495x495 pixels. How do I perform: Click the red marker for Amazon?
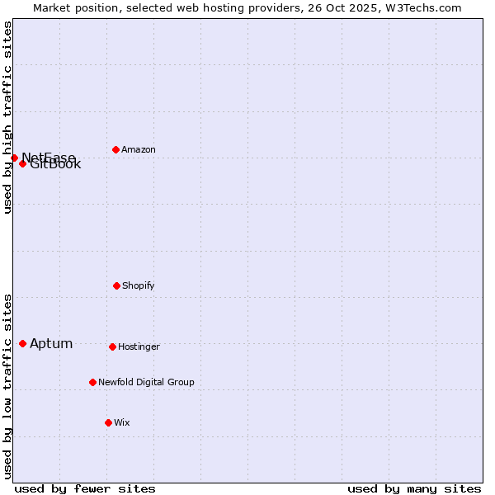(x=115, y=149)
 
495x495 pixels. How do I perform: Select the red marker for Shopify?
(x=116, y=285)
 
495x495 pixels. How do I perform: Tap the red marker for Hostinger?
(x=112, y=346)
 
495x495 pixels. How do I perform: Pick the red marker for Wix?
(x=108, y=422)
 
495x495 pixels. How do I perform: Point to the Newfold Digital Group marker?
(x=92, y=382)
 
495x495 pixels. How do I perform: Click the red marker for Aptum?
(x=22, y=343)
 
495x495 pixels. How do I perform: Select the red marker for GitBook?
(x=22, y=163)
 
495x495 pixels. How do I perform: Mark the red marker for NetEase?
(x=14, y=158)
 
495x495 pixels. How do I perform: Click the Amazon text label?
(x=139, y=150)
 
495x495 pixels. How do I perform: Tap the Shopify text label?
(x=139, y=286)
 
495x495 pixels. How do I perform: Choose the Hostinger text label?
(x=139, y=347)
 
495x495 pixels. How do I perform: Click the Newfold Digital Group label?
(x=146, y=383)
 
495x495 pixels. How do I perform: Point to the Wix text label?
(x=122, y=423)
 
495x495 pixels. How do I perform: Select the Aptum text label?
(x=51, y=344)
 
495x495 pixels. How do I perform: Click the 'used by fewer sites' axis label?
(x=85, y=488)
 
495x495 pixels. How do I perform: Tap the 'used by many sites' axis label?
(x=414, y=488)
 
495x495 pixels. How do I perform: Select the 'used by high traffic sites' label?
(x=7, y=117)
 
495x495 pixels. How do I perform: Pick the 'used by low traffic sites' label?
(x=7, y=386)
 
